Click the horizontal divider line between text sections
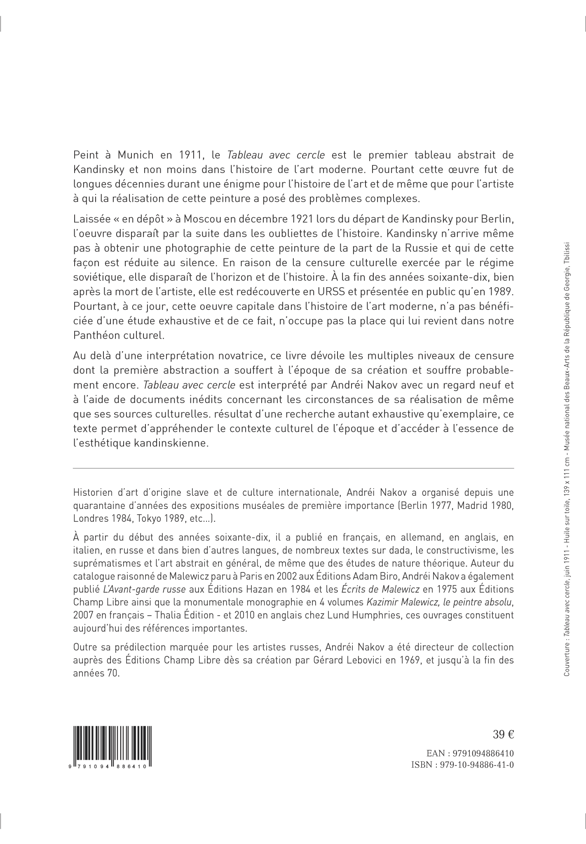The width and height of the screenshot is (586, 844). [x=293, y=468]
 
